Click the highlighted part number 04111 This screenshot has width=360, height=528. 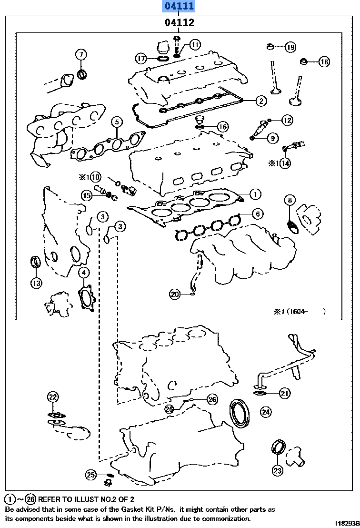[179, 7]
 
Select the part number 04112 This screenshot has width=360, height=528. [179, 22]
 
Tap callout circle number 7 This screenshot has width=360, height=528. [80, 54]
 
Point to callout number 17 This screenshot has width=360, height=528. [141, 59]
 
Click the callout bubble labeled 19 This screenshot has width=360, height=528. [290, 47]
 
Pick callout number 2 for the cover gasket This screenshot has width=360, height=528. [260, 100]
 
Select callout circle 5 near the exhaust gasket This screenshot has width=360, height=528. [117, 122]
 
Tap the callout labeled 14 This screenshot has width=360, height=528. [285, 163]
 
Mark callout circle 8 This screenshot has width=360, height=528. [290, 200]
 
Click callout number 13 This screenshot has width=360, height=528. [37, 283]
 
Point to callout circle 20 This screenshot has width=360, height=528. [175, 294]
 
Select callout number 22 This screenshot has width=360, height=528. [53, 396]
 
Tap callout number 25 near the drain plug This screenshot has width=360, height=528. [91, 474]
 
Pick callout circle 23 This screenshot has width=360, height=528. [277, 470]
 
